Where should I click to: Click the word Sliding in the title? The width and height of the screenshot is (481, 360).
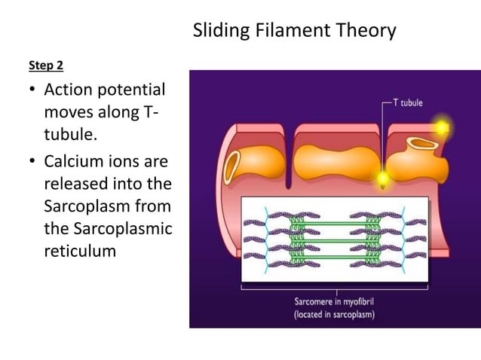(218, 31)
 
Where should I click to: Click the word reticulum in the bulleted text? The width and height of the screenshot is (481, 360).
(80, 251)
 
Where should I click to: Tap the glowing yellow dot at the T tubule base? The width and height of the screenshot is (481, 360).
(382, 179)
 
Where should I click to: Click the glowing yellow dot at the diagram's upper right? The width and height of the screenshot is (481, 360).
(440, 128)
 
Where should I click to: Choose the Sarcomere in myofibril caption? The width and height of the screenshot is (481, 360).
(334, 301)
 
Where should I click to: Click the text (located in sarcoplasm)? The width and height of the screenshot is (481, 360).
(334, 314)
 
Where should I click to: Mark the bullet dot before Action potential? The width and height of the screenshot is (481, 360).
(32, 92)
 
